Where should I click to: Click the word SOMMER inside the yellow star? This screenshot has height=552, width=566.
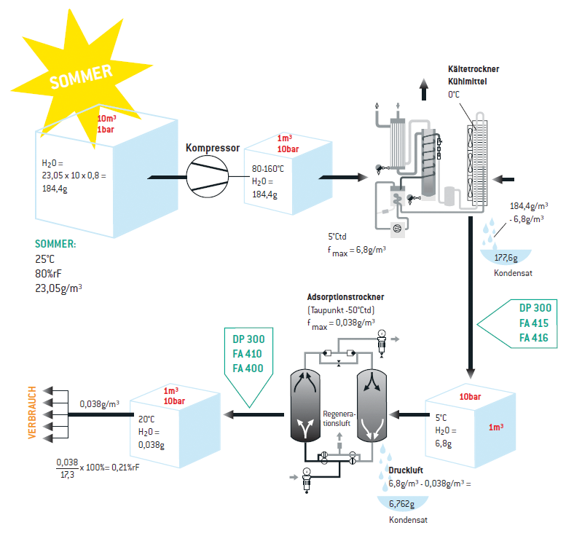point(81,76)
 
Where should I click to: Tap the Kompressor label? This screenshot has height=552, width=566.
point(213,148)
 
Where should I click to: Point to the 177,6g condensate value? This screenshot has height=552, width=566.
point(506,256)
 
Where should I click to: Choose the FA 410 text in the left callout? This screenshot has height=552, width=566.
point(248,354)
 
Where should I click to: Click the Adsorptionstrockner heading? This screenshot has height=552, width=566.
point(345,298)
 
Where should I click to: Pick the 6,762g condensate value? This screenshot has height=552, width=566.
point(402,504)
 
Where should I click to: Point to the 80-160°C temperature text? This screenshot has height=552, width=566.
point(268,169)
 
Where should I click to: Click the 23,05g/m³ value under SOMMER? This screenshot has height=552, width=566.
point(58,287)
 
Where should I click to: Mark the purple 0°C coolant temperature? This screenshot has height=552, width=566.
point(454,95)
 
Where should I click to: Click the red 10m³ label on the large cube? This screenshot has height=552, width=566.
point(106,119)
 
